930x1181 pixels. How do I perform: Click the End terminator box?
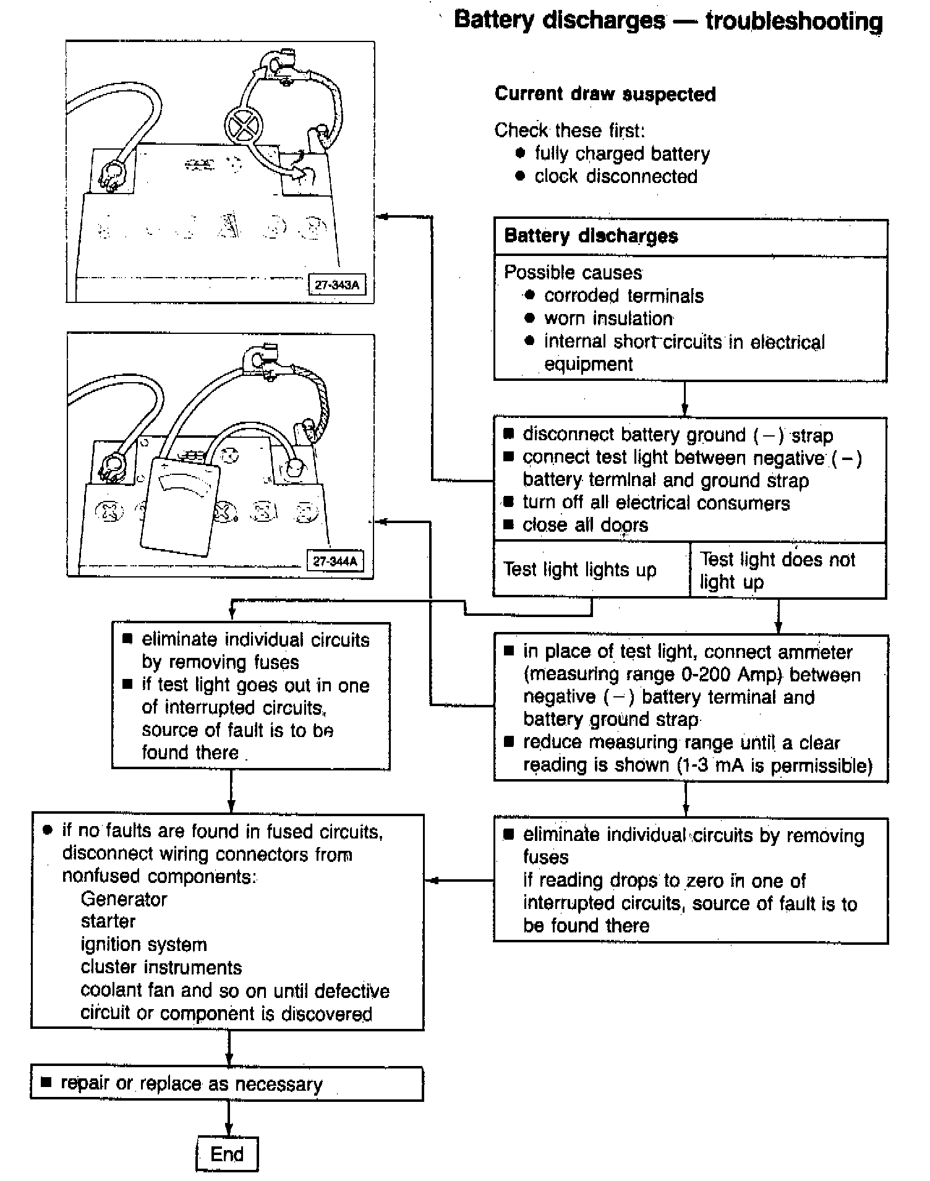click(227, 1154)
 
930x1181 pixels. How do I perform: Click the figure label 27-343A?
click(336, 285)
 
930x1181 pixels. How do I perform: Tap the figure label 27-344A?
click(335, 561)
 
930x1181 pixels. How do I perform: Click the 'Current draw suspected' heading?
click(605, 94)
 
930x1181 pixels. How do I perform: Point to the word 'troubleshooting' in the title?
click(794, 21)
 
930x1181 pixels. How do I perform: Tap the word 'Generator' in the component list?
click(124, 899)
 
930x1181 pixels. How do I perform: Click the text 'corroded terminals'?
click(623, 296)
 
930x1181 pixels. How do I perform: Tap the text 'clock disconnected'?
click(616, 176)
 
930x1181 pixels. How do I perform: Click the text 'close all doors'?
click(585, 525)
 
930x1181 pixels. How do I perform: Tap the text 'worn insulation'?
click(608, 318)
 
